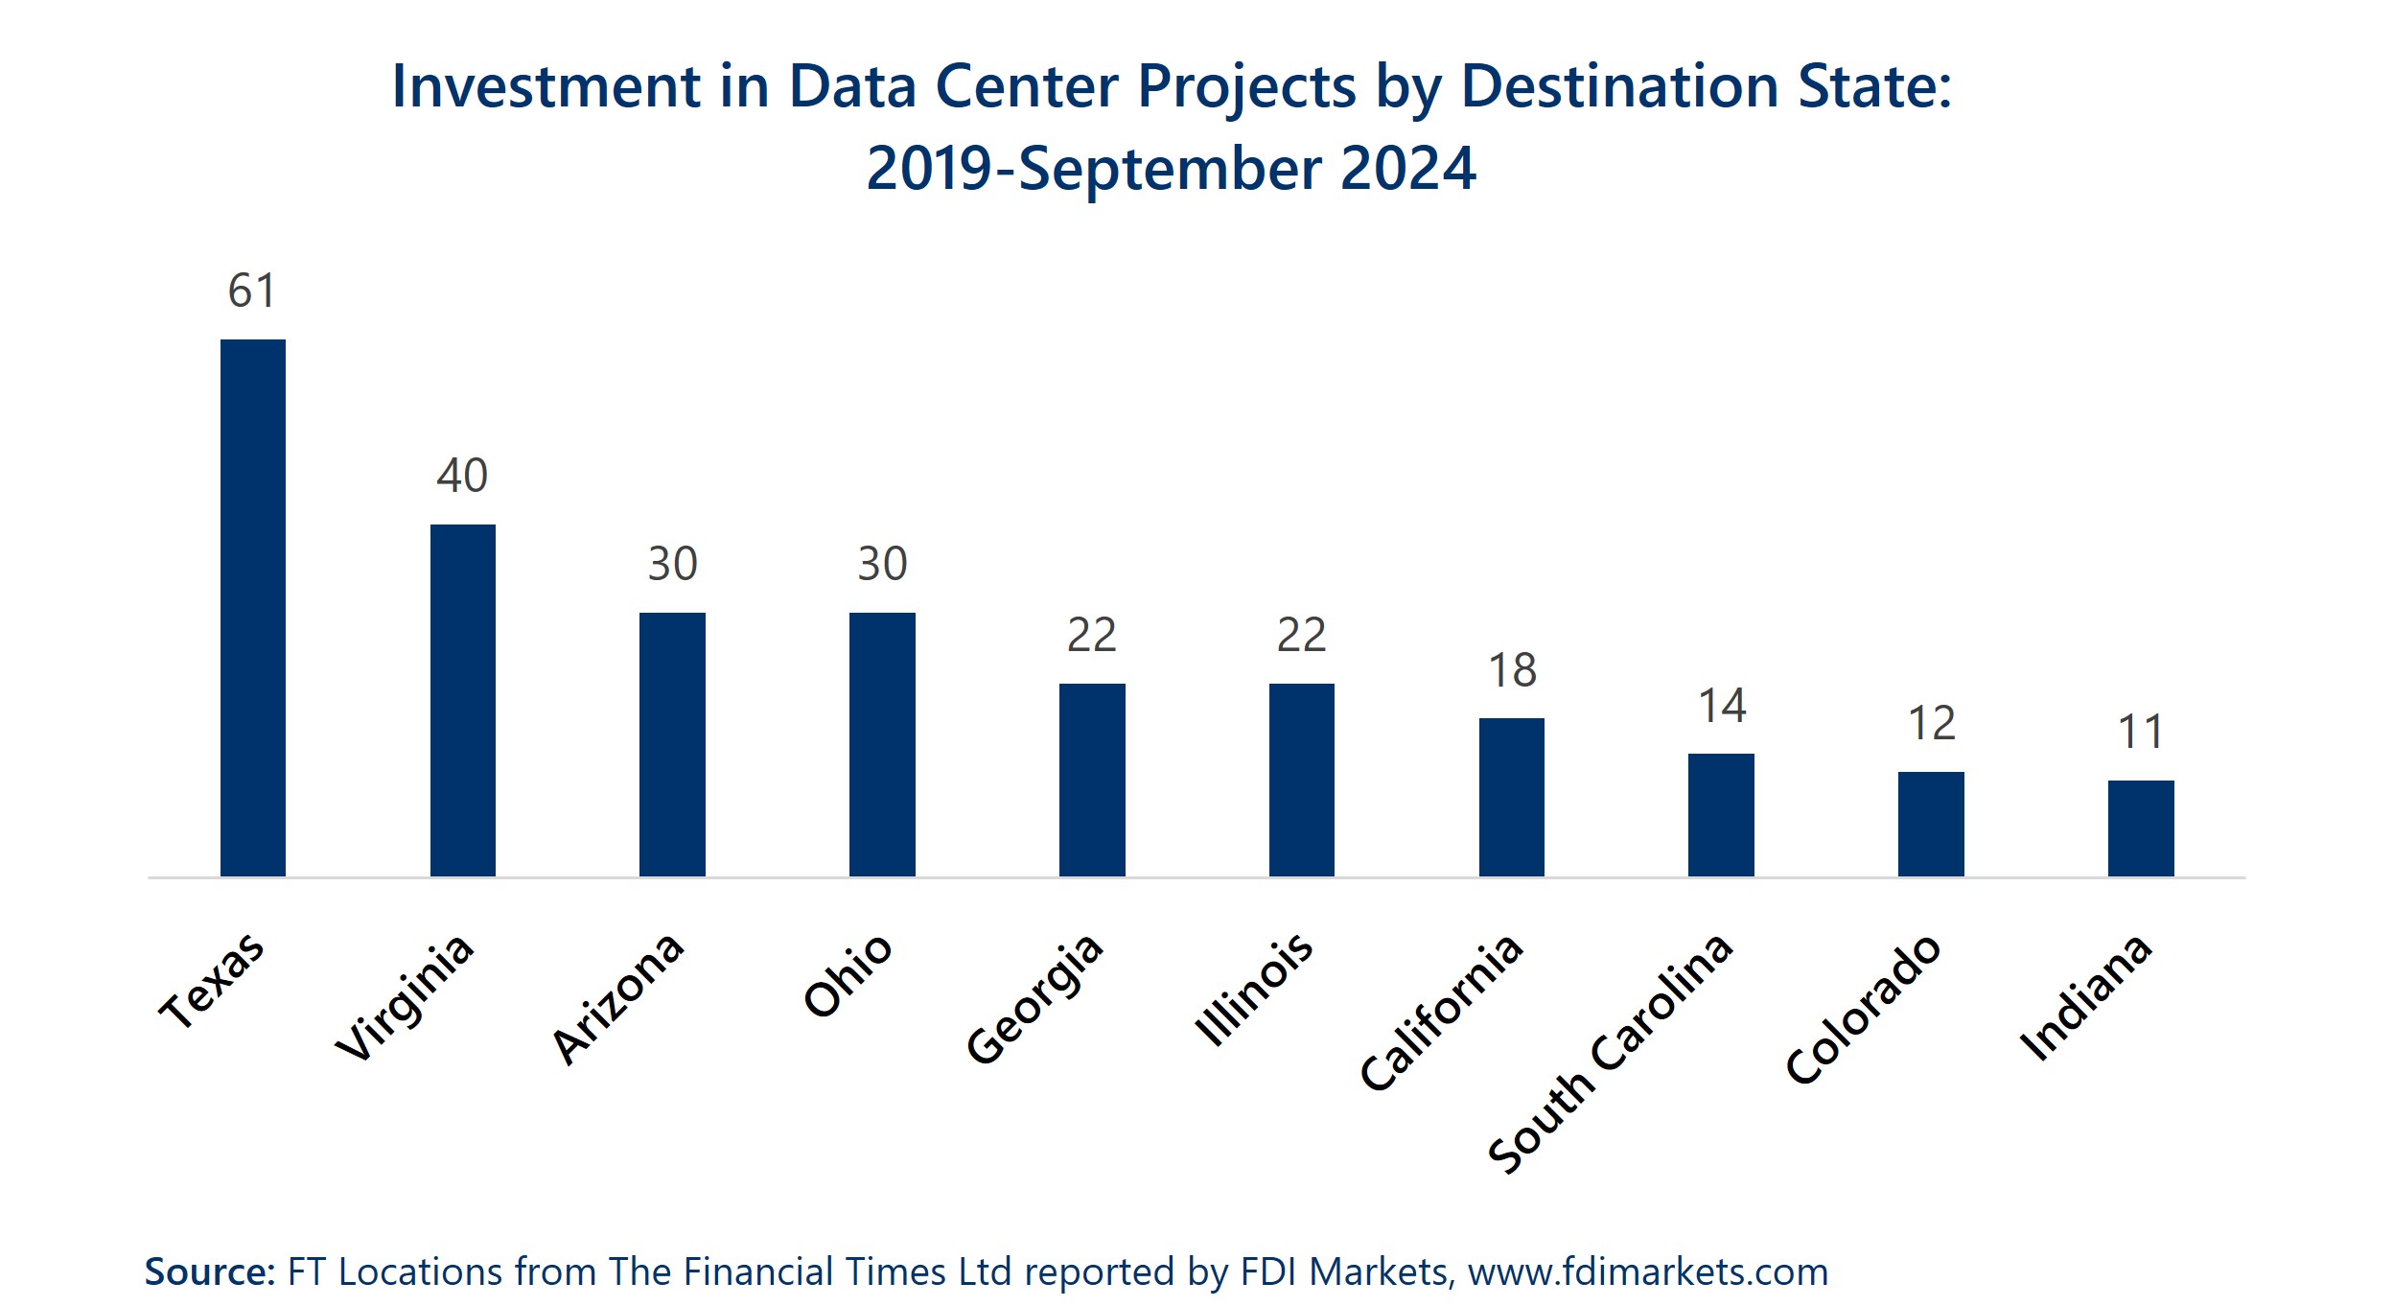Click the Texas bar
(x=253, y=608)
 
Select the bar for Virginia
(x=463, y=700)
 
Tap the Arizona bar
(x=672, y=744)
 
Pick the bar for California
(x=1511, y=797)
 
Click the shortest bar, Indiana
(x=2141, y=828)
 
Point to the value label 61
(x=252, y=291)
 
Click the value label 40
(x=462, y=476)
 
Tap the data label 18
(x=1512, y=670)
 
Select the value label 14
(x=1722, y=706)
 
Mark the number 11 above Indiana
(x=2141, y=733)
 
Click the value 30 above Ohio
(x=882, y=564)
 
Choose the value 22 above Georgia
(x=1091, y=635)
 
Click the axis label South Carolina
(x=1611, y=1052)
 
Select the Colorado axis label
(x=1863, y=1009)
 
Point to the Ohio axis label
(x=848, y=974)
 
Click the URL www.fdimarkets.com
(x=1647, y=1271)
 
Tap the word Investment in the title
(x=546, y=86)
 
